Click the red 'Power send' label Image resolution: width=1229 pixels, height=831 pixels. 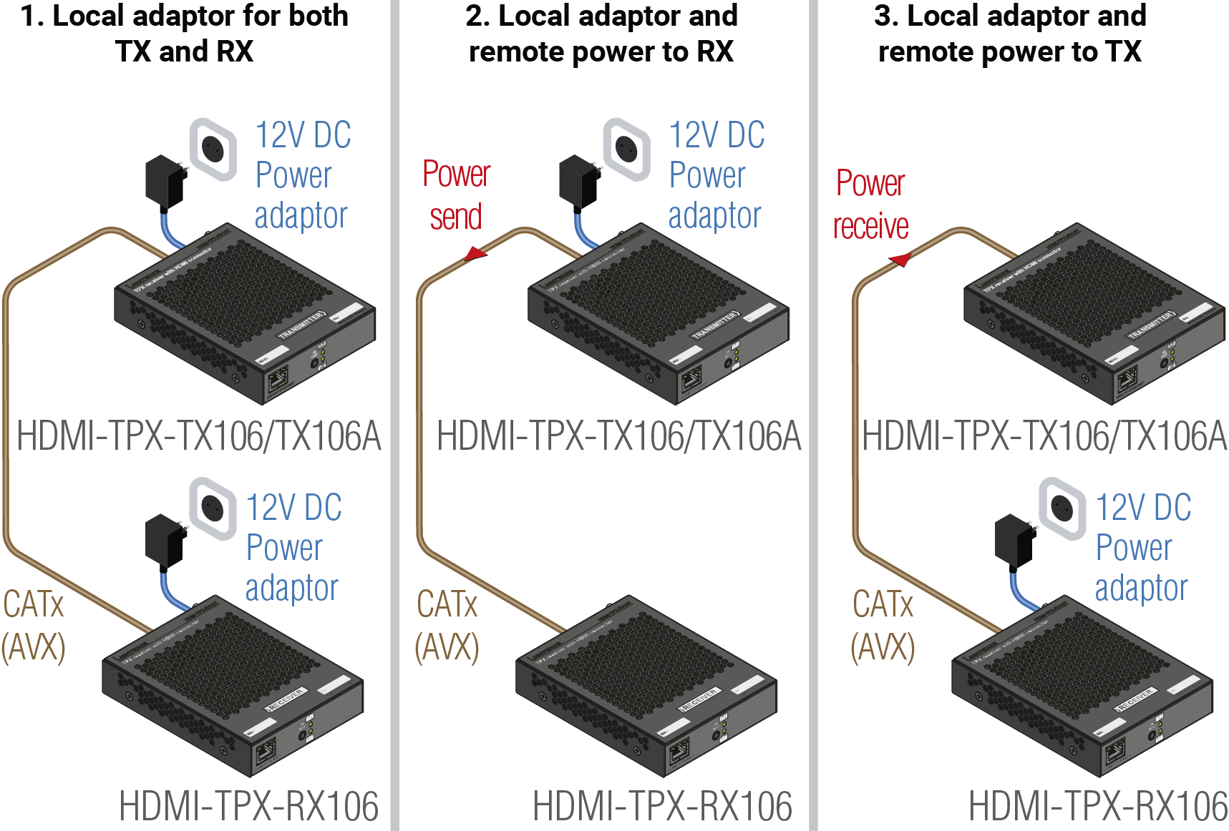click(x=456, y=195)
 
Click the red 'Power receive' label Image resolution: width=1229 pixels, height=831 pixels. click(x=870, y=205)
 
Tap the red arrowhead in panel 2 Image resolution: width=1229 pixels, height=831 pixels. click(x=475, y=253)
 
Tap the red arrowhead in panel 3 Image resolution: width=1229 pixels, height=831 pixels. click(x=900, y=260)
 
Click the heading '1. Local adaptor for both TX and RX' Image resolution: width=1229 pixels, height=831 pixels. click(x=184, y=34)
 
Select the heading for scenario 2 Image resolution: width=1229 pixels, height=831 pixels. click(x=601, y=34)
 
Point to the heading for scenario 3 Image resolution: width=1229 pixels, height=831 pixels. click(x=1009, y=34)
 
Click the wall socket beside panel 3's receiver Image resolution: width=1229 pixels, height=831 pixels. click(x=1062, y=508)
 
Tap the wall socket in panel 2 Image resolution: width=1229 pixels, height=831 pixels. click(x=626, y=149)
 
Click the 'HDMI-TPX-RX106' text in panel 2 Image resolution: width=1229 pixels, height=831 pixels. click(x=662, y=807)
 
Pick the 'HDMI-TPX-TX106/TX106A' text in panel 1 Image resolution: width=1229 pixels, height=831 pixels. click(x=198, y=436)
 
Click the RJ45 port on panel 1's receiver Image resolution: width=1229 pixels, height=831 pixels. click(x=266, y=752)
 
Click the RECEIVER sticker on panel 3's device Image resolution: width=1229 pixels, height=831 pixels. click(x=1135, y=699)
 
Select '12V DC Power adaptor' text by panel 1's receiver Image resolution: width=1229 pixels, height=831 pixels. click(x=292, y=548)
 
